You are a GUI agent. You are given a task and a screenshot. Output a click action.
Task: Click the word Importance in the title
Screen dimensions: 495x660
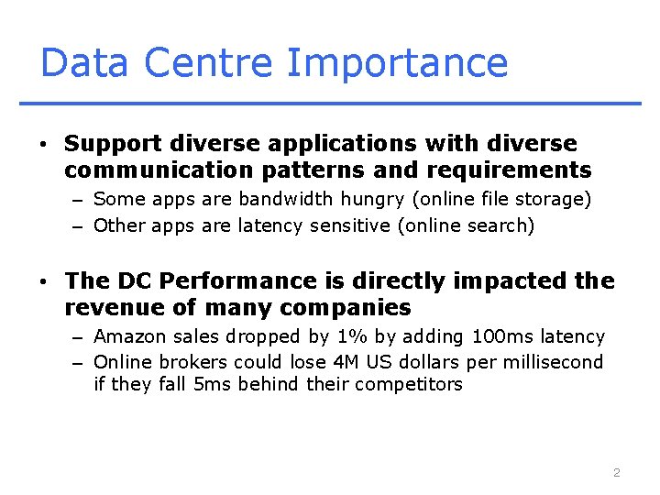click(397, 63)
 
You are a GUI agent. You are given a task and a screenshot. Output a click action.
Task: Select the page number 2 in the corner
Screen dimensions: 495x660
click(616, 473)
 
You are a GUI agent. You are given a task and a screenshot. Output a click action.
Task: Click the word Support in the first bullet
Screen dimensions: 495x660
click(113, 144)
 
